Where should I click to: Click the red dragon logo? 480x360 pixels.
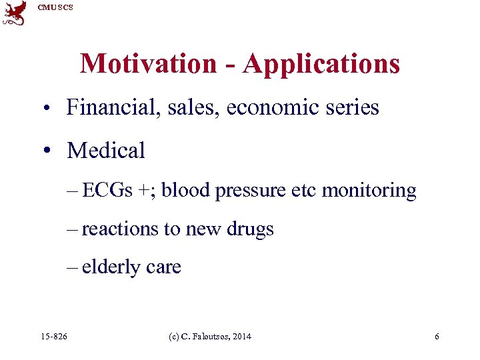15,13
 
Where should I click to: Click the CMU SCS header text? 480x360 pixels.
55,7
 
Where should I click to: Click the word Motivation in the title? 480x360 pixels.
148,64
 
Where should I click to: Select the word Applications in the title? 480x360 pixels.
321,64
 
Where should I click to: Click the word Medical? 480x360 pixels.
106,151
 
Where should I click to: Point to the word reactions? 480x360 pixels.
120,229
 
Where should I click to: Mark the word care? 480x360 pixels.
163,268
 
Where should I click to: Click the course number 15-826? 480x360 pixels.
54,337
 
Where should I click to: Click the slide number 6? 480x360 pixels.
437,337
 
